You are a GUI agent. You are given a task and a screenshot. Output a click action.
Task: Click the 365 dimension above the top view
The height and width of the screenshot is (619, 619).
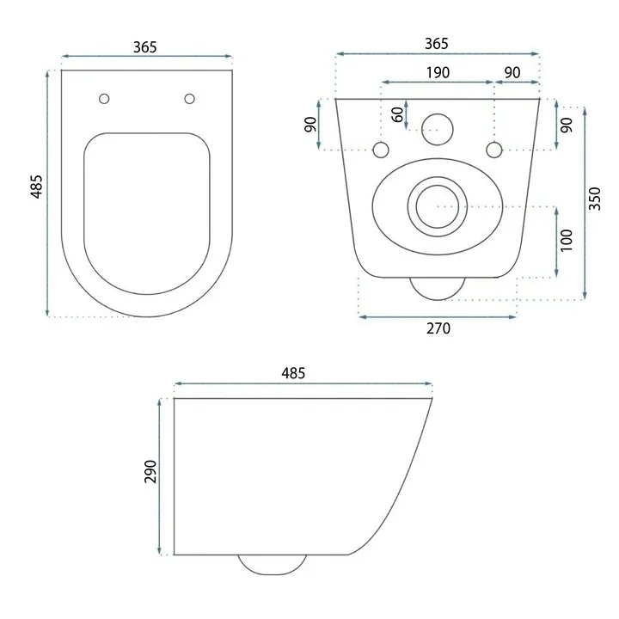pos(145,47)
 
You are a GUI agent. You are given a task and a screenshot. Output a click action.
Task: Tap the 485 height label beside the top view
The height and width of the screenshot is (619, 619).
pos(37,187)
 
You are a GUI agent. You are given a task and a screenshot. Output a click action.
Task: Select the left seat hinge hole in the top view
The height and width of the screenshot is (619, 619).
pos(104,99)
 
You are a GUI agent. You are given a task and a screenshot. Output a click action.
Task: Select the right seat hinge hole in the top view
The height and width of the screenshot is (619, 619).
pos(189,99)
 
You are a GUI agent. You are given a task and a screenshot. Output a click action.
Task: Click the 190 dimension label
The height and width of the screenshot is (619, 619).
pos(438,72)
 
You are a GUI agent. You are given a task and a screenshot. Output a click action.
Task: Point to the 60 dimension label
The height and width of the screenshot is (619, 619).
pos(398,114)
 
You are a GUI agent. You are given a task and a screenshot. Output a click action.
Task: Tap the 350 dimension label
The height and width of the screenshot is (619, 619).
pos(595,199)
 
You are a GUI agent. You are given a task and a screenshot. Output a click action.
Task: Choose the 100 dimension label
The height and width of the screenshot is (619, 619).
pos(566,240)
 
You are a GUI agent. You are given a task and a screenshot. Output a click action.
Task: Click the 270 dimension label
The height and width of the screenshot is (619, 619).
pos(438,328)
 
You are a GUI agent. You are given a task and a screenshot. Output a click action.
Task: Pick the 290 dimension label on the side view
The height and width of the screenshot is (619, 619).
pos(150,471)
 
